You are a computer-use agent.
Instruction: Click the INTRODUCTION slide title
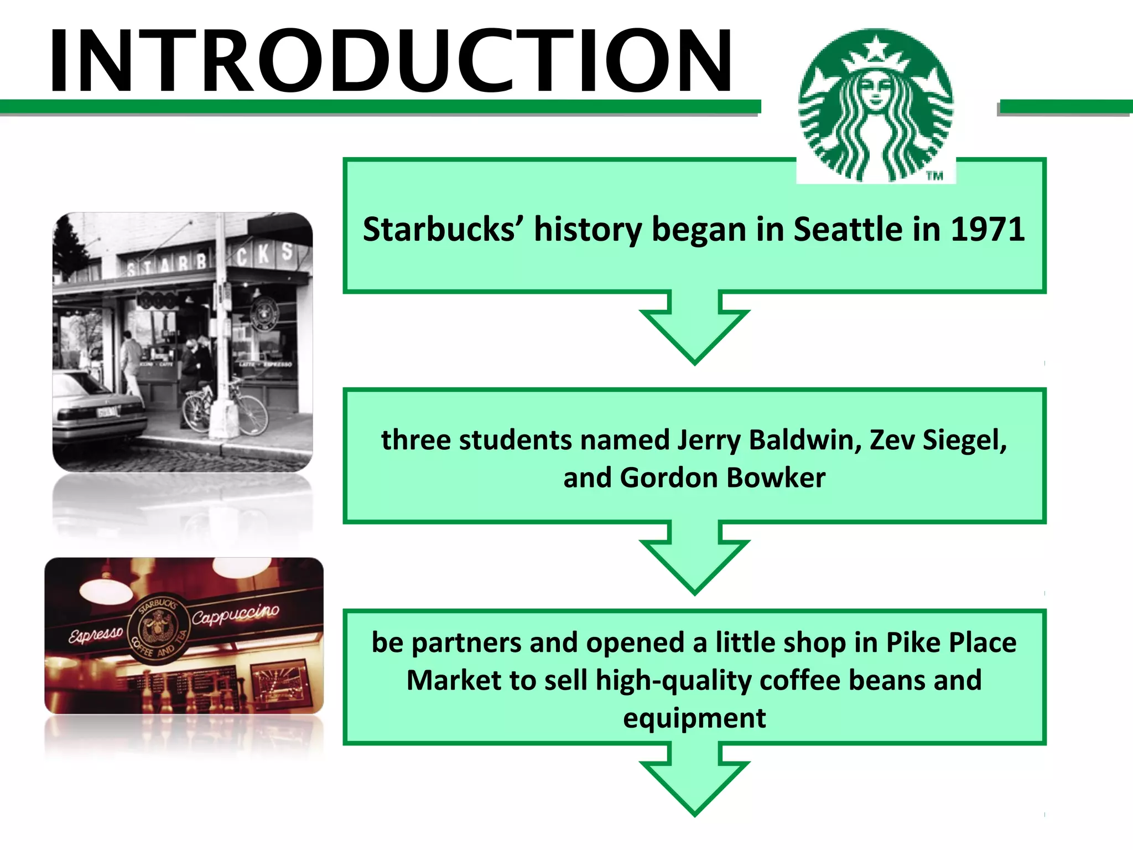click(x=391, y=61)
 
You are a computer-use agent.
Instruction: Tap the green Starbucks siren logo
click(x=876, y=105)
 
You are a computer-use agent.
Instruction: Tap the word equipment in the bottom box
click(x=694, y=718)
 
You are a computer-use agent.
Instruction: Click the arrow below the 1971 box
click(x=694, y=329)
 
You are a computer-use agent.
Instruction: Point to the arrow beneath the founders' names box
click(x=694, y=559)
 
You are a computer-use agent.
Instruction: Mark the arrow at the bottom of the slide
click(x=694, y=780)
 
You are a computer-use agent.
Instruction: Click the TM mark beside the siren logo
click(x=935, y=176)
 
